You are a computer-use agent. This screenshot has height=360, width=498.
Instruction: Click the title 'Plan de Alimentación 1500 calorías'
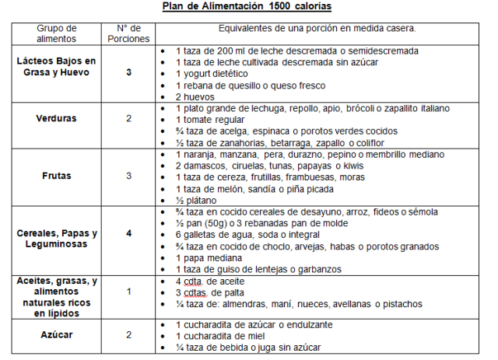(247, 7)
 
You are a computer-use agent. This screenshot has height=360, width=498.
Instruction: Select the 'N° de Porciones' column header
(129, 33)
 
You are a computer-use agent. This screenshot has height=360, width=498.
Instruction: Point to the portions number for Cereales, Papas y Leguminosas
(129, 233)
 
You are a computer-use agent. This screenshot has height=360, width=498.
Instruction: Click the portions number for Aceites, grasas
(129, 292)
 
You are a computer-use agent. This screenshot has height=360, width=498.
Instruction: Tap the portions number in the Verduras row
(129, 119)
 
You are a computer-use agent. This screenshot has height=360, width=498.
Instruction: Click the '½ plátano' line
(197, 200)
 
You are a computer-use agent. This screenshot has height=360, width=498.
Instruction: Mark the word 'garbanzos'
(320, 269)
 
